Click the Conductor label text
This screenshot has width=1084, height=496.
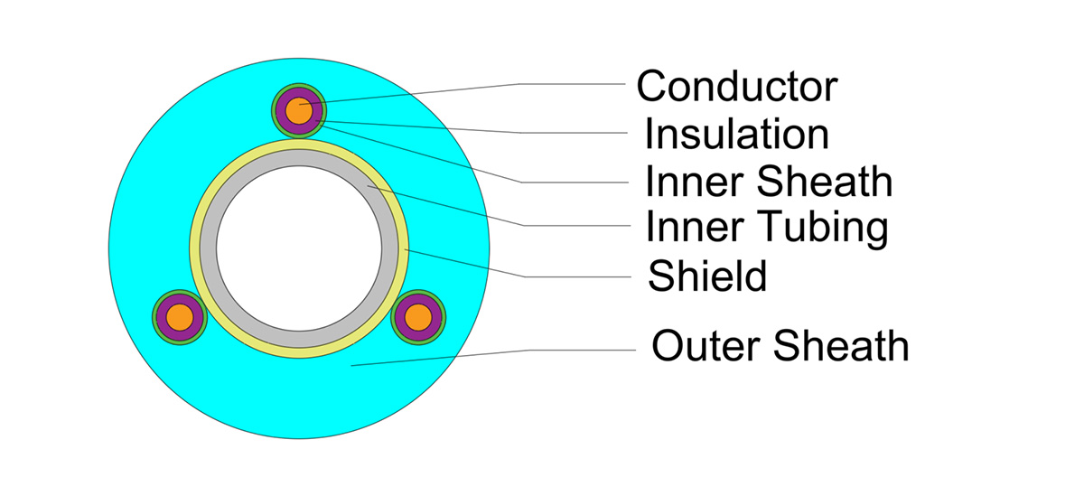tap(737, 87)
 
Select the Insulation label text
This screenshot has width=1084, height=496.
tap(736, 135)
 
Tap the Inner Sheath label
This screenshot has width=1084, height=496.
tap(769, 182)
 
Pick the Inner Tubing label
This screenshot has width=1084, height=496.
tap(767, 228)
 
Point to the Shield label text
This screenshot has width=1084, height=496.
tap(707, 276)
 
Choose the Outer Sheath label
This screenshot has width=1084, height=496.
tap(780, 345)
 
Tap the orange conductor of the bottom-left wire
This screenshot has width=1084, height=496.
tap(181, 317)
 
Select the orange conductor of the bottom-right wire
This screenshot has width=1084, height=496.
tap(417, 317)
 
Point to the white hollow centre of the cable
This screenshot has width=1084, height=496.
tap(298, 248)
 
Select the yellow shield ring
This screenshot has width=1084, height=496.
tap(195, 248)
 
